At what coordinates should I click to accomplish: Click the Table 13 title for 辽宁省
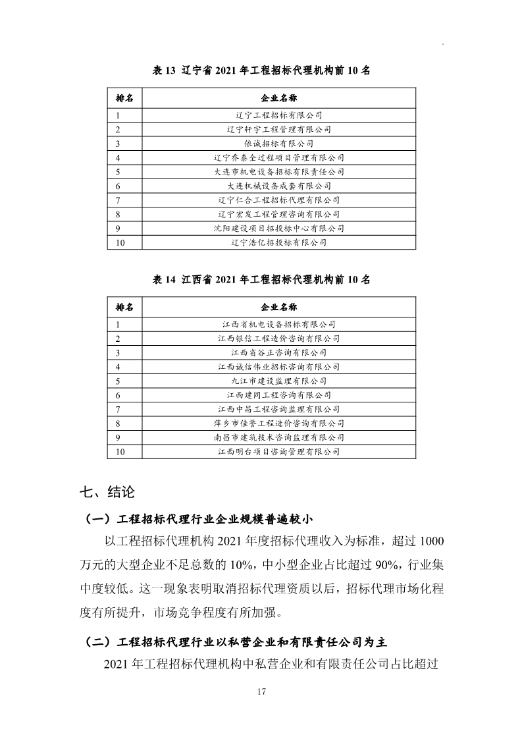point(261,70)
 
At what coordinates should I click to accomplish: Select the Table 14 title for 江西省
point(261,279)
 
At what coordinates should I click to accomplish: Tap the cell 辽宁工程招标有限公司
point(278,115)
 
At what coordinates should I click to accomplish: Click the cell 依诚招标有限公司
point(278,143)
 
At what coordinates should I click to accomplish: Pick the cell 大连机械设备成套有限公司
point(278,186)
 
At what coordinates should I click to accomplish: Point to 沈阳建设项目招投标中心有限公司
point(278,229)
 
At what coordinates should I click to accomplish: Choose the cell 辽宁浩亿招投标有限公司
point(278,243)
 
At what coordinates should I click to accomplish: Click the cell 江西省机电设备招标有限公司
point(278,323)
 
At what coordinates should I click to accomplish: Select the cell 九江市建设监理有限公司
point(278,381)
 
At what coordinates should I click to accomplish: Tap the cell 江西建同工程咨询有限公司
point(278,395)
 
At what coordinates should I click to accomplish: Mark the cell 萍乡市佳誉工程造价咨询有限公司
point(278,424)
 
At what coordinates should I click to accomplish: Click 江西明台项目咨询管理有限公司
point(278,452)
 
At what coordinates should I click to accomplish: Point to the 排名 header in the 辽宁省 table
point(124,98)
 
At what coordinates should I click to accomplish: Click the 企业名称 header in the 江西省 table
point(278,308)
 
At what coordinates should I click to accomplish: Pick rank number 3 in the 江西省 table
point(118,352)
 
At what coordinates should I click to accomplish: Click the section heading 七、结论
point(107,492)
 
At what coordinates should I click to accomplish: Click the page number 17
point(261,692)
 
